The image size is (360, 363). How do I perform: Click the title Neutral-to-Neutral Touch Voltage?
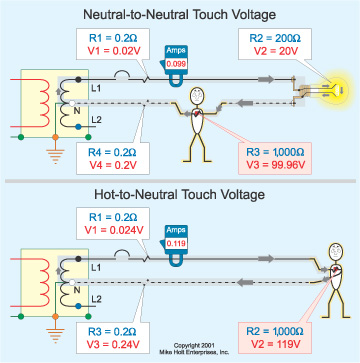[x=180, y=13]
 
